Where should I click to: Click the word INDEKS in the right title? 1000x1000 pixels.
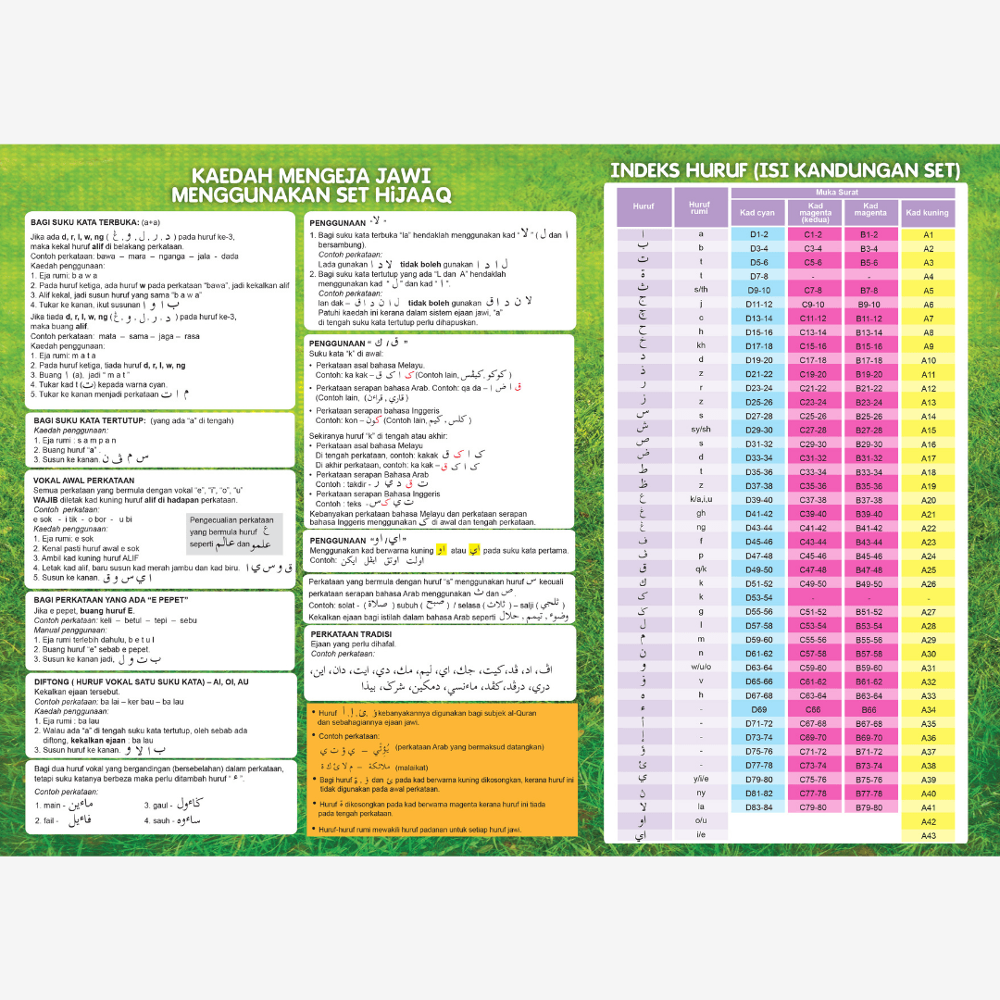(645, 170)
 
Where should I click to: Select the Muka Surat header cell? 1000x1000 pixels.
(843, 193)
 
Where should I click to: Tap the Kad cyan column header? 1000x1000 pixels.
(758, 213)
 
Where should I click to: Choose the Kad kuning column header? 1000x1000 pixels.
(927, 213)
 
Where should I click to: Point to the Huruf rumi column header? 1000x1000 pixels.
(700, 208)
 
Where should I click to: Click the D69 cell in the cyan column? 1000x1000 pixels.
(758, 709)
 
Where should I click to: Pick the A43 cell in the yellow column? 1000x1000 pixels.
(928, 836)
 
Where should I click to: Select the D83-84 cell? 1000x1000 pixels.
(758, 807)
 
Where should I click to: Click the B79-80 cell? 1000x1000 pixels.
(869, 807)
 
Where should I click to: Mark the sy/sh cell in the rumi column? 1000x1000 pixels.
(700, 430)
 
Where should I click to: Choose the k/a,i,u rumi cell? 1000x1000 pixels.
(700, 500)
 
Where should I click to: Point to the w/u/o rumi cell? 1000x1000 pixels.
(700, 667)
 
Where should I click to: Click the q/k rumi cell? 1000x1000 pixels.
(700, 569)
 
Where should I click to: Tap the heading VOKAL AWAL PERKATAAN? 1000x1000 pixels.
(84, 481)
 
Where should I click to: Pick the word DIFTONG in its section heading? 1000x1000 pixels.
(54, 681)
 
